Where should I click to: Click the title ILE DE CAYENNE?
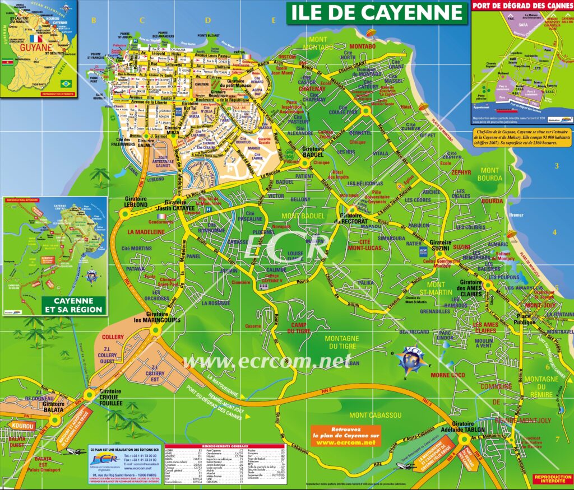(x=376, y=12)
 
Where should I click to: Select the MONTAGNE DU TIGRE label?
(x=341, y=342)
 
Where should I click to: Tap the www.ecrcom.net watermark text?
(x=266, y=361)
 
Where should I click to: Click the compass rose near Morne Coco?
(x=414, y=358)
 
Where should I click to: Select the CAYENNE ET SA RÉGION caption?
(x=73, y=305)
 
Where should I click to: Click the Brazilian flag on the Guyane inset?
(x=67, y=83)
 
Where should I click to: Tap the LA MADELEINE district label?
(x=145, y=231)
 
